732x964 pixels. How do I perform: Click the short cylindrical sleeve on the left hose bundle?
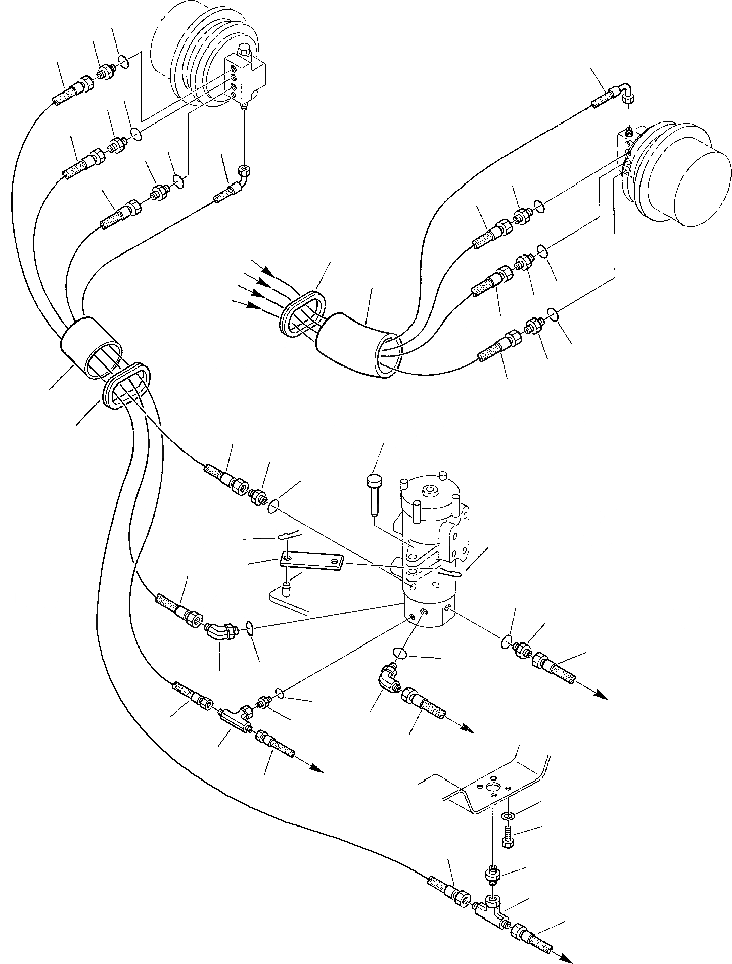[x=91, y=346]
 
